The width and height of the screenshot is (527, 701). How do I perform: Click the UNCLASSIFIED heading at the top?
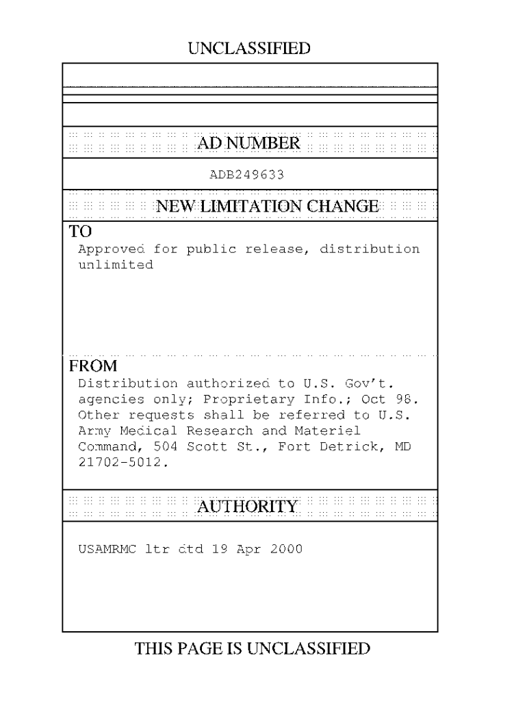(x=248, y=48)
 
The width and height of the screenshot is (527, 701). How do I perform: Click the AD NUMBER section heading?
(x=248, y=143)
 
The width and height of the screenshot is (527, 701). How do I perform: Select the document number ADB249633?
(x=246, y=175)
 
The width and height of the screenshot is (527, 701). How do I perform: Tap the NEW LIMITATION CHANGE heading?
(x=268, y=206)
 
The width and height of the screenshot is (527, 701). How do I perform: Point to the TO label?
(x=81, y=230)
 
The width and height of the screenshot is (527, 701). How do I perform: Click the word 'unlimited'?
(x=116, y=265)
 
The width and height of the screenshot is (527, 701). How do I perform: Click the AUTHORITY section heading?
(x=248, y=507)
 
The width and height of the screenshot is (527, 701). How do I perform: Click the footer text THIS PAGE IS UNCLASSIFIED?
(x=253, y=648)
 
